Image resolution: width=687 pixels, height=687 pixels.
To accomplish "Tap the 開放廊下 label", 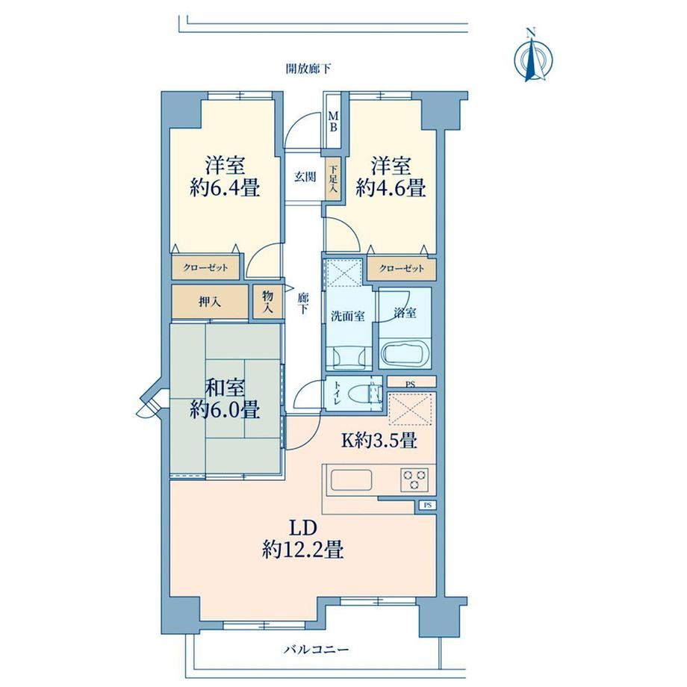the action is click(308, 69).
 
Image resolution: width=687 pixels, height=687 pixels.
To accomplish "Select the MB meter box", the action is click(334, 122).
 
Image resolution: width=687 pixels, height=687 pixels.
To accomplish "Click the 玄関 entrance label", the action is click(305, 178).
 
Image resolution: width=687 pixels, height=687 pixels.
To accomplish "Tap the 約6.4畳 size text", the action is click(225, 188).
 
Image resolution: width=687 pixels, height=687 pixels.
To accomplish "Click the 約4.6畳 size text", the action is click(391, 188).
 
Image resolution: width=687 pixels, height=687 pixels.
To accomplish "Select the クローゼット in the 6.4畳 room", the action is click(205, 268).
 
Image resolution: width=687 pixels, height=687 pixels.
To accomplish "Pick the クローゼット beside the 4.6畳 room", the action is click(402, 269).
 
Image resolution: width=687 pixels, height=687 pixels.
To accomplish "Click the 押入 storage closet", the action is click(209, 302).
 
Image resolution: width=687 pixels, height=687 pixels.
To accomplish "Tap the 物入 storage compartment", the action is click(267, 302).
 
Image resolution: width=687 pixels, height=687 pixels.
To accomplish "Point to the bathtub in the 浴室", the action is click(405, 352).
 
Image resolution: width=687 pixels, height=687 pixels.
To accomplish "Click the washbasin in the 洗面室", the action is click(349, 356).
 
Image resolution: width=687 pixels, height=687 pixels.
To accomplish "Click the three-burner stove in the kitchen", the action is click(414, 479).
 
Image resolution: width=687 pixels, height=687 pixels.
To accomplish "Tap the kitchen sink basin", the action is click(352, 480).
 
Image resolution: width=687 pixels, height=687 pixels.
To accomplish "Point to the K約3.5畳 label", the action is click(379, 440).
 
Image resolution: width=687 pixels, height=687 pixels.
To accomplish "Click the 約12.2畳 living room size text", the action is click(302, 549).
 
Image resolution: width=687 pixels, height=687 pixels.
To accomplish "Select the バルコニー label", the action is click(316, 650).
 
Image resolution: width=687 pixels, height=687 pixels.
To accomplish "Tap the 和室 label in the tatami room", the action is click(226, 388).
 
